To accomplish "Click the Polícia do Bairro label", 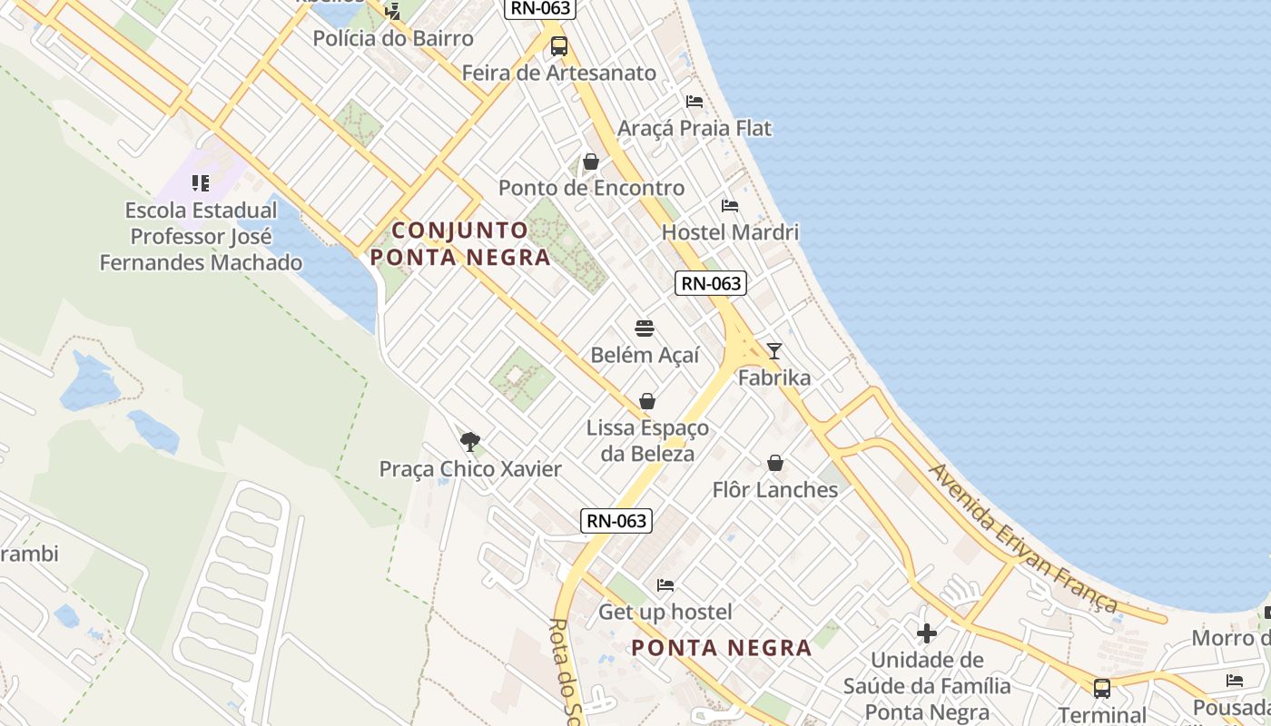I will pos(393,39).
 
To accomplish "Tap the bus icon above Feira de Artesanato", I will pos(559,45).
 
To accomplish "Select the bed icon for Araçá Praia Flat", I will pos(695,102).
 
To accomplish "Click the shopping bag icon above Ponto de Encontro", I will pos(591,162).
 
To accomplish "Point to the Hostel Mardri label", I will pos(730,232).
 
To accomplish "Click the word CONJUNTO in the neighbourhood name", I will pos(460,231).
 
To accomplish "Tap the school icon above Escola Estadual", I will pos(201,183).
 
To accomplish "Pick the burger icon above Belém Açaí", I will pos(645,328).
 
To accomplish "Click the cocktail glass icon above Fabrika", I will pos(773,350).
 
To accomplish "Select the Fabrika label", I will pos(773,378).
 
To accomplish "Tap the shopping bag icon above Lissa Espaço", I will pos(647,400).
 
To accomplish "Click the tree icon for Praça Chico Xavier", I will pos(469,442).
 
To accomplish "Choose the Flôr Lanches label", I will pos(774,490).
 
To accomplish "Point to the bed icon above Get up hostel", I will pos(665,585).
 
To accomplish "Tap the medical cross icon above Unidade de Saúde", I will pos(927,633).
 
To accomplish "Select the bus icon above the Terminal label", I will pos(1102,688).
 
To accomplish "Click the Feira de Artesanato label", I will pos(559,73).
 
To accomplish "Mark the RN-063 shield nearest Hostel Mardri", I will pos(712,283).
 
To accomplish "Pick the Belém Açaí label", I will pos(645,355).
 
